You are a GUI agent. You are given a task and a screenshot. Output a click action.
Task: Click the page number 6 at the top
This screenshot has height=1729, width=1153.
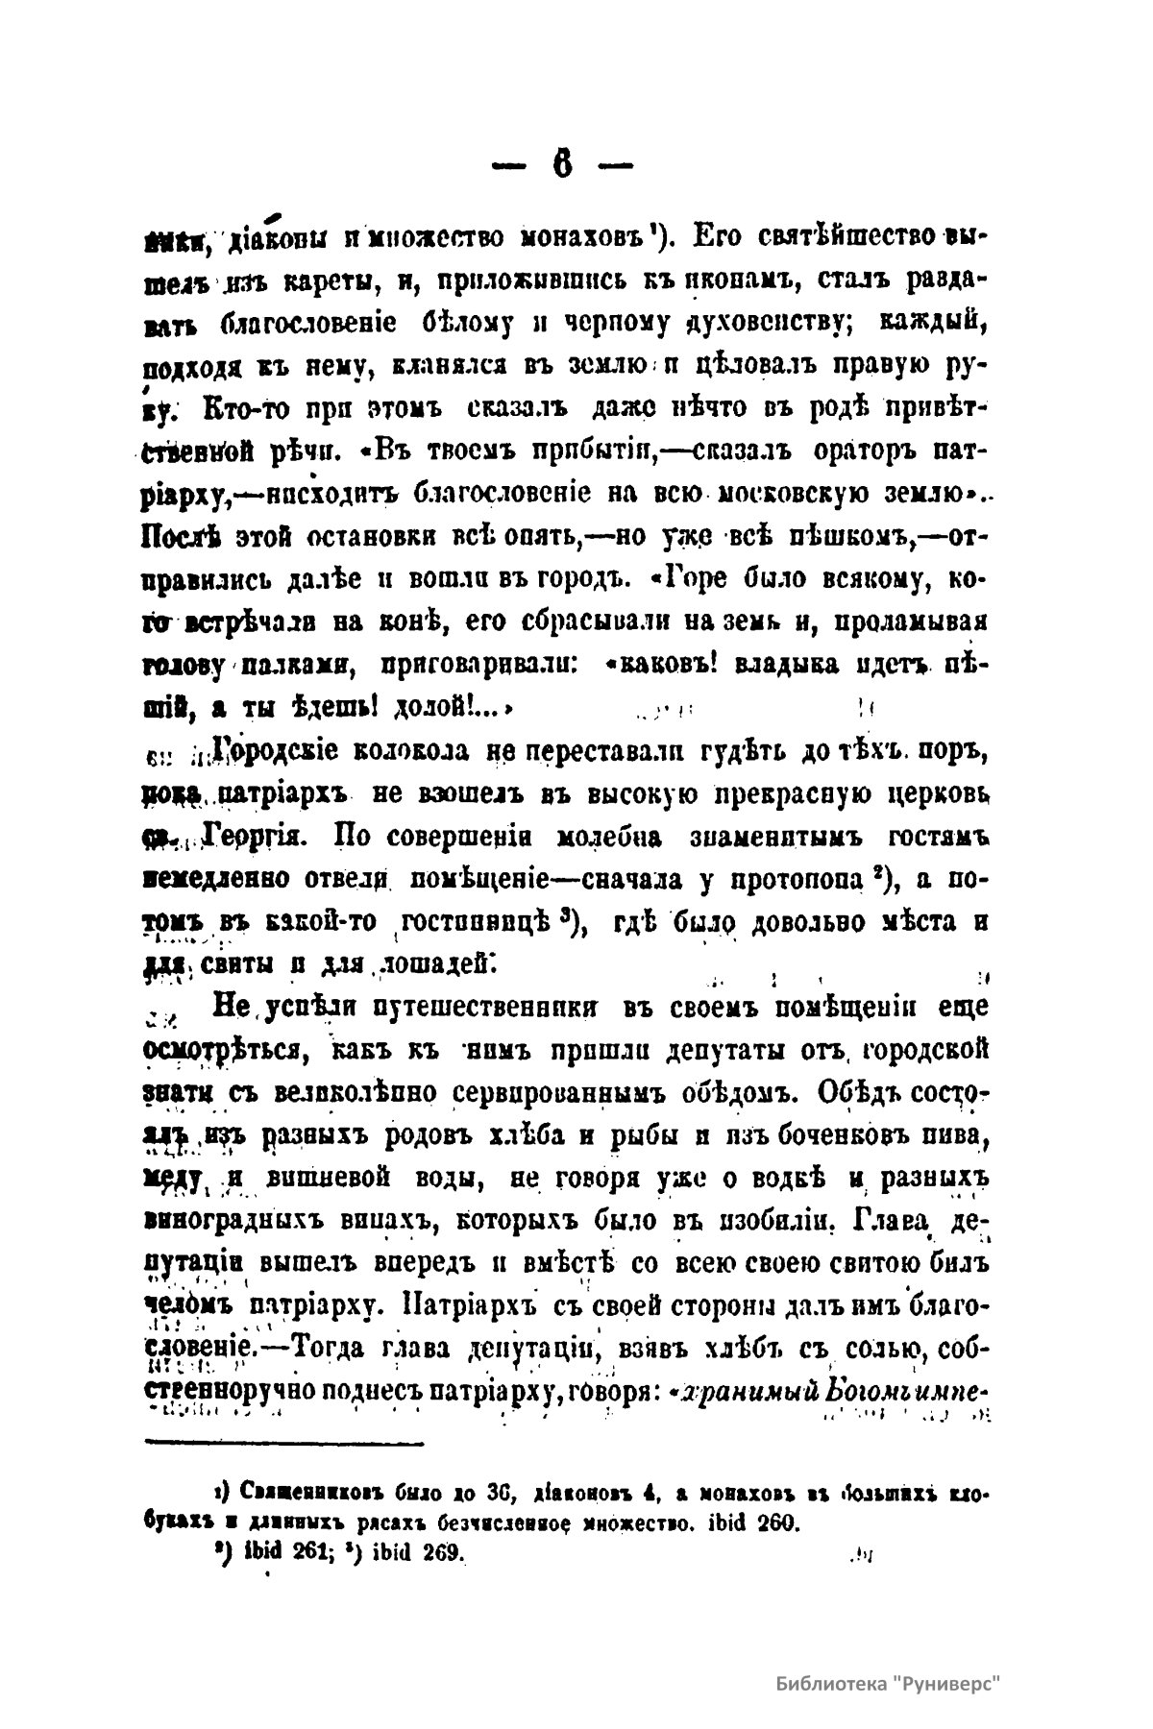(x=562, y=166)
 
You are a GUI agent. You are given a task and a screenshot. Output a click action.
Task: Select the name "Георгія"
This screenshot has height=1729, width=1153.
(x=255, y=836)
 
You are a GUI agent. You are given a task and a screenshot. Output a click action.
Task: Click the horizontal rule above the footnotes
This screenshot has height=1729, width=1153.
(x=283, y=1441)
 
